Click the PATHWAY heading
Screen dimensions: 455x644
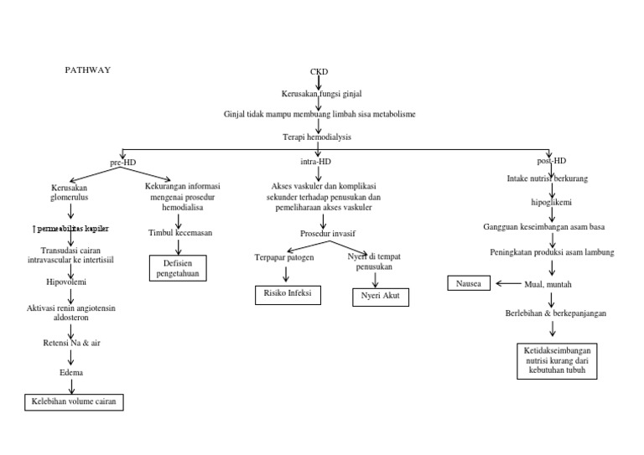pos(88,70)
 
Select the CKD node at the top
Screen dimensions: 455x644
pos(319,71)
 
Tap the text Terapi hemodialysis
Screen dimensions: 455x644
pos(317,136)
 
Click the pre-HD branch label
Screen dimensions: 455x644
pos(122,161)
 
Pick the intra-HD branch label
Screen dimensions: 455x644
pos(315,161)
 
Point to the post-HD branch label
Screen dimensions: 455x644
pos(551,161)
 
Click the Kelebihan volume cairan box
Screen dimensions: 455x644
pos(73,402)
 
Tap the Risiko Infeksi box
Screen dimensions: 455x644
pos(285,294)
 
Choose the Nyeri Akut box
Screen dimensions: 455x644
pos(380,297)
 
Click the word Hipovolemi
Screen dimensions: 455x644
pos(71,283)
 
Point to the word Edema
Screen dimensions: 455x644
pos(71,371)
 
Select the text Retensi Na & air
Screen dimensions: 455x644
pos(71,343)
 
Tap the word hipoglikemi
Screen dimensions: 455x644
pos(550,202)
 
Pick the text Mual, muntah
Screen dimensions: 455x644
pos(548,284)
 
